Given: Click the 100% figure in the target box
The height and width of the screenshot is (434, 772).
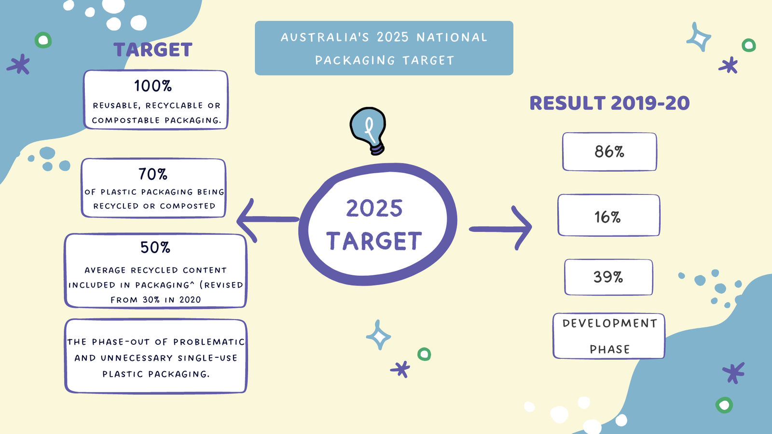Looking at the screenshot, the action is (x=153, y=86).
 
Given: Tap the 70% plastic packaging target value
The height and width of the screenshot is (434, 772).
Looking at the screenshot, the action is (x=153, y=174).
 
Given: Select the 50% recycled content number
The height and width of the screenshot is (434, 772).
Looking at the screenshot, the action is (x=155, y=247).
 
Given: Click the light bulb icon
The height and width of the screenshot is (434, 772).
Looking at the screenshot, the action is (x=368, y=131).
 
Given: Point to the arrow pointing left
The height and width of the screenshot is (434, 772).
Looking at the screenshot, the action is (x=267, y=220).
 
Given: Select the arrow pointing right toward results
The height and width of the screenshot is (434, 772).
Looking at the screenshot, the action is (x=500, y=229).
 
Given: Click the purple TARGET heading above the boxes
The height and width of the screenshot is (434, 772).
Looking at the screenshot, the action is (x=153, y=50).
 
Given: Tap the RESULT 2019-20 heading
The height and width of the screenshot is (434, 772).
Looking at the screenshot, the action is (x=609, y=103).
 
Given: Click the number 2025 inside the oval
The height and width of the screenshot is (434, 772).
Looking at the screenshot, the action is (x=374, y=208).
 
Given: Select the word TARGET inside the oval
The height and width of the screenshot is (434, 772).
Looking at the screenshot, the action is (x=374, y=241).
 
